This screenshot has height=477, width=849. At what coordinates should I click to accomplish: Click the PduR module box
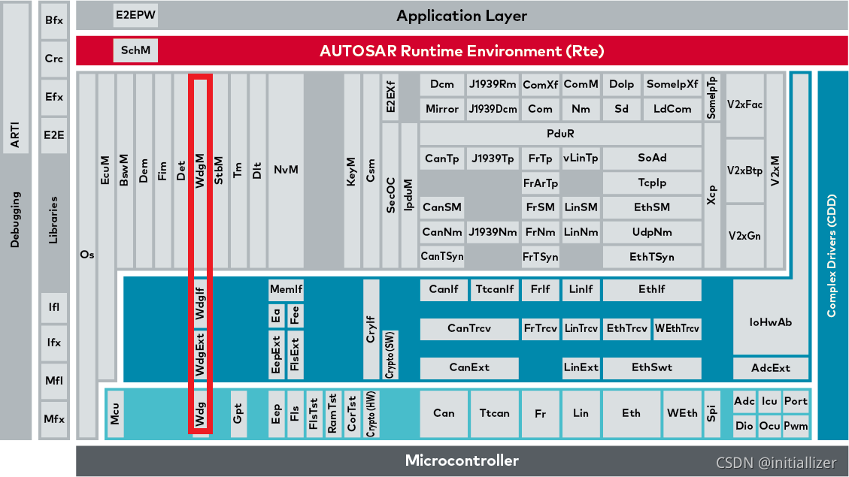pos(560,133)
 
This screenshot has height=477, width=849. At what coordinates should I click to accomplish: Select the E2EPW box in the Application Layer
pos(136,15)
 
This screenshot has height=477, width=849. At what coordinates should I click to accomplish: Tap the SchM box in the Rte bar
pos(136,51)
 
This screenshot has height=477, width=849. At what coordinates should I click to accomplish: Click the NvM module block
pos(286,170)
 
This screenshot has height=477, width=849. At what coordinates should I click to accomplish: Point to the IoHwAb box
pos(771,322)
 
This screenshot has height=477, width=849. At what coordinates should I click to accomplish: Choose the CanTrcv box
pos(468,328)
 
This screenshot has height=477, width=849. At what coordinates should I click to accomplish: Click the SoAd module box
pos(652,158)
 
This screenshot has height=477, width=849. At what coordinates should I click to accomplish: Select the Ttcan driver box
pos(494,413)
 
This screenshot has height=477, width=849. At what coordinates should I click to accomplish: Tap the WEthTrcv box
pos(677,328)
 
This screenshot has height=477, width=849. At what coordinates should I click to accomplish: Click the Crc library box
pos(54,59)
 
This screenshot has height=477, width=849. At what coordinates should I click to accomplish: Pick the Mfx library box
pos(54,419)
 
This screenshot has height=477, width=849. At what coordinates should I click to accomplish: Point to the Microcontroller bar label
pos(462,460)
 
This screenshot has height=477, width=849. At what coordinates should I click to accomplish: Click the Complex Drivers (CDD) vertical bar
pos(832,255)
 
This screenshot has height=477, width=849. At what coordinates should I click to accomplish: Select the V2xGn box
pos(744,235)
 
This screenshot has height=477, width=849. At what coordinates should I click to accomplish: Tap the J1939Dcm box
pos(493,109)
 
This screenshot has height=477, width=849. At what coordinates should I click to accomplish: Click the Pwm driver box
pos(796,426)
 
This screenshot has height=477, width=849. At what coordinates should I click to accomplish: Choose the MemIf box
pos(286,289)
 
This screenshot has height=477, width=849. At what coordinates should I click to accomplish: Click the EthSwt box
pos(652,367)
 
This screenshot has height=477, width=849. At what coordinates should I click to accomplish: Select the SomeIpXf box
pos(672,84)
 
